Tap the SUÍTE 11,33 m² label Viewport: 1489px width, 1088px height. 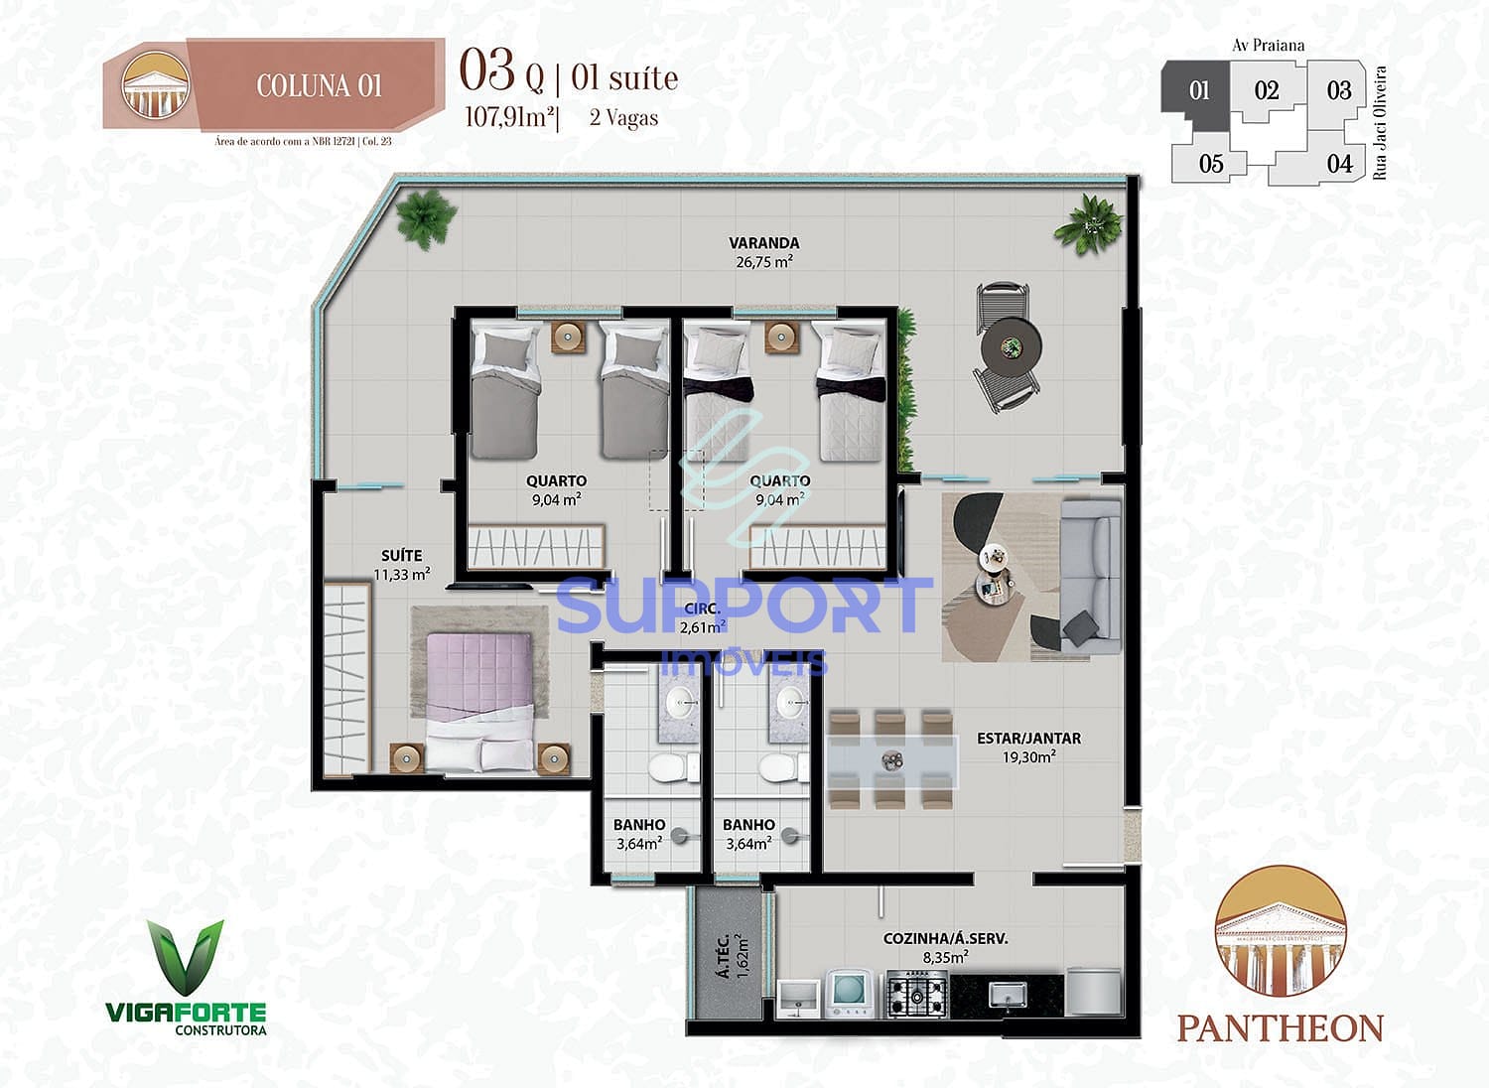point(402,564)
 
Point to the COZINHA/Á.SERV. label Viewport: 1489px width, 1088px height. point(945,947)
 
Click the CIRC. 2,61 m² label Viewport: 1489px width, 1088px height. point(702,617)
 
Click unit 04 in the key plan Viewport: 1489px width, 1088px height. point(1339,164)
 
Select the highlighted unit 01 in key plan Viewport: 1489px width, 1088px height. point(1199,91)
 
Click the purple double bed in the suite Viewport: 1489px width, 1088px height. point(480,695)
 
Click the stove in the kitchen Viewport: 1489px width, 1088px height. point(916,994)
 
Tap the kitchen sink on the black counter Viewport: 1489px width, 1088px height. point(1009,994)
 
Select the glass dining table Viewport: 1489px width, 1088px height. point(890,760)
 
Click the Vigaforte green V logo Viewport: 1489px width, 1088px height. point(186,957)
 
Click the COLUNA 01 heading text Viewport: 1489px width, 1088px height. point(319,86)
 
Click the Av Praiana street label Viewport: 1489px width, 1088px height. point(1268,45)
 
